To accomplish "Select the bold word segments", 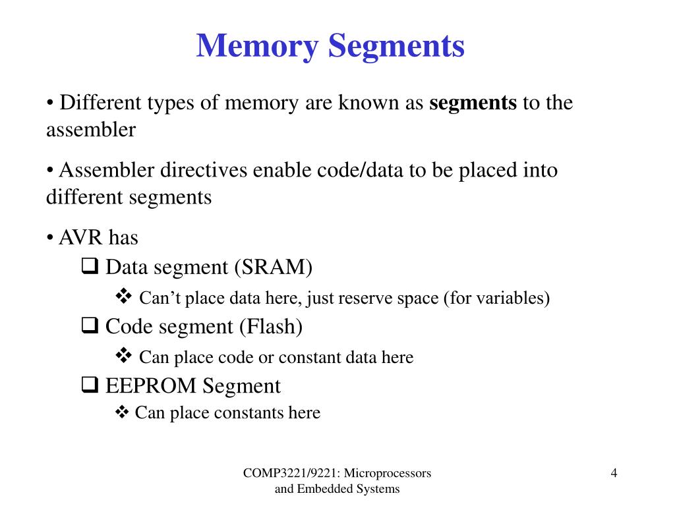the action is point(473,103).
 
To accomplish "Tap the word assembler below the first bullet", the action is point(90,130).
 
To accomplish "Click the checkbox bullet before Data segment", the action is point(90,267).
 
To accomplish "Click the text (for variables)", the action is point(496,298).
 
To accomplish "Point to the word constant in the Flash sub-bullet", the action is point(305,358).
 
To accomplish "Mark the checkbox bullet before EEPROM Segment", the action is point(90,385).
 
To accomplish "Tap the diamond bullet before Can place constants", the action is point(123,413).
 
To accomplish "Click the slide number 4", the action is point(614,473).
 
